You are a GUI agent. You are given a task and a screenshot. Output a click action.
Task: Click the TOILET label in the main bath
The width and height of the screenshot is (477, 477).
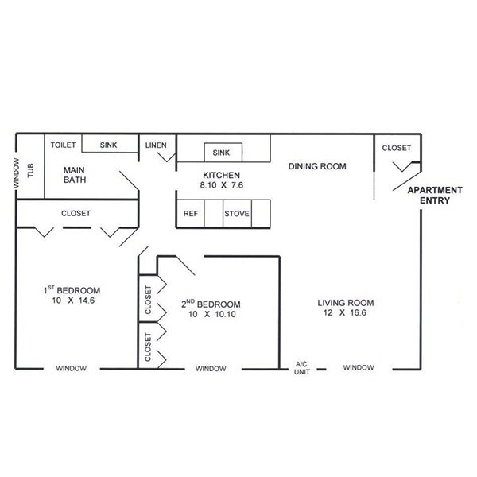63,145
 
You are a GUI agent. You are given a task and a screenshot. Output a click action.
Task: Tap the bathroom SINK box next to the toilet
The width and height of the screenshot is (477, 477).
108,145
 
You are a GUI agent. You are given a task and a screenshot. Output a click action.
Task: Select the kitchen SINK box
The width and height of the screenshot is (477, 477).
222,152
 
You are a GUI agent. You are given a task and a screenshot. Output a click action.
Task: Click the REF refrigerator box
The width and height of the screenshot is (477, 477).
190,213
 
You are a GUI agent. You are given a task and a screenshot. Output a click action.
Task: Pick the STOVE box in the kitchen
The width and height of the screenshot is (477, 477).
237,213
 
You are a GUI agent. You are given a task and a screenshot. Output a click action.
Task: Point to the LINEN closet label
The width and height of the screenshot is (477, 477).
156,145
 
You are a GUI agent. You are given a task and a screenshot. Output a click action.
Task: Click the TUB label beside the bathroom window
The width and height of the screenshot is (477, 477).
32,169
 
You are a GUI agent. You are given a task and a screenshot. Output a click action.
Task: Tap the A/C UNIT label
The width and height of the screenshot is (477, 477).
301,368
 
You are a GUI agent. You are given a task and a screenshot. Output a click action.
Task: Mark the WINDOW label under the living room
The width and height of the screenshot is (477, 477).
359,367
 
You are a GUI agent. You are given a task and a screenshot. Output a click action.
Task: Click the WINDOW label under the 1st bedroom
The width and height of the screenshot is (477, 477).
71,368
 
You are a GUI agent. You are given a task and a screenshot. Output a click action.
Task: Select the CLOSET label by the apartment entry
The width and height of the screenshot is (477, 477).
397,148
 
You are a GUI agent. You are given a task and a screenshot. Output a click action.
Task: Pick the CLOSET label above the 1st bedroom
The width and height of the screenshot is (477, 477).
76,213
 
